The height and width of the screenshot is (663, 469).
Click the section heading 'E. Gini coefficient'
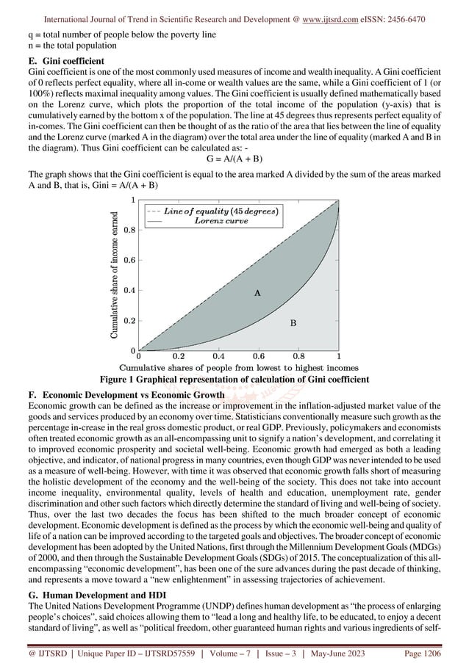[64, 59]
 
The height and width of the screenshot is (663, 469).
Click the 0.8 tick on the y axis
[128, 230]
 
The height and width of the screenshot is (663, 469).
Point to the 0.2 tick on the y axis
[128, 321]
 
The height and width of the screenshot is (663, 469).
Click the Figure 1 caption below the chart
[234, 379]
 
